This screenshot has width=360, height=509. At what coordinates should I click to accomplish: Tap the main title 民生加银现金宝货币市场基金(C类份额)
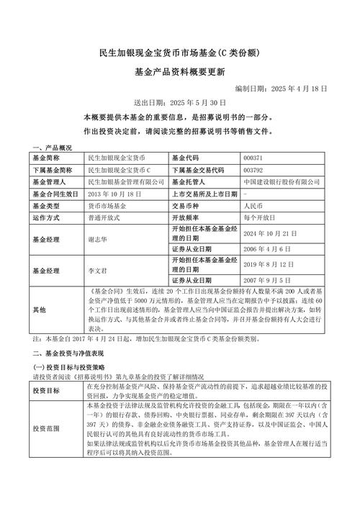coord(179,54)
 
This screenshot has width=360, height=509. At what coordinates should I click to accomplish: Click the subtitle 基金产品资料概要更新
coord(179,72)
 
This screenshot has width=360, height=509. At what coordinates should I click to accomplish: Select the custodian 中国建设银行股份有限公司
coord(282,181)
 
